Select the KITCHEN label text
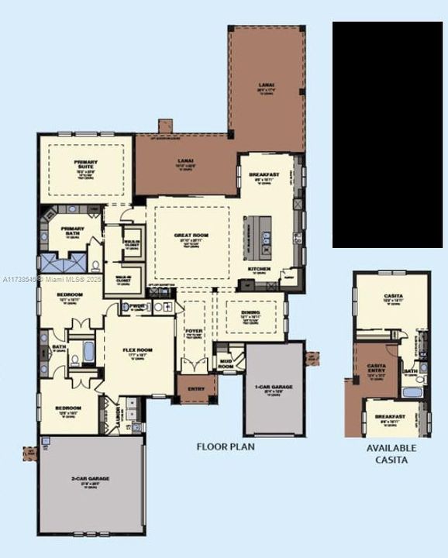tap(258, 269)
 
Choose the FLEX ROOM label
tap(138, 350)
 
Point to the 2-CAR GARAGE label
tap(93, 479)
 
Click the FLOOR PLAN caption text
tap(225, 446)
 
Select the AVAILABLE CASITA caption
tap(391, 453)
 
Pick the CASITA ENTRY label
tap(377, 366)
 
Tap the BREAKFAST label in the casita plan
tap(391, 417)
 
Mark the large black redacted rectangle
tap(388, 134)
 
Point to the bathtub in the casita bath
tap(412, 391)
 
